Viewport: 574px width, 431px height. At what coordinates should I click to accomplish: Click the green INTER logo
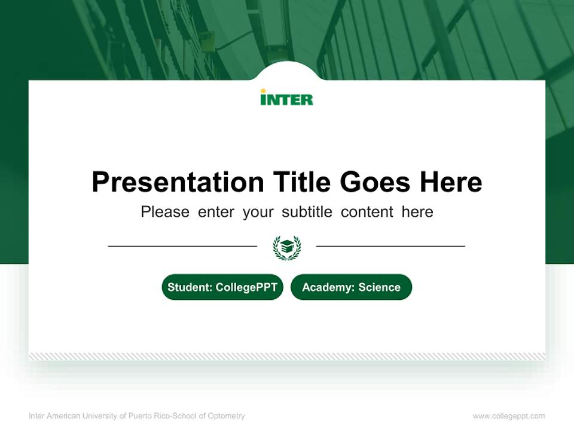286,99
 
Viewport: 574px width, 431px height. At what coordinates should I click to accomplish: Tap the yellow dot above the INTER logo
263,91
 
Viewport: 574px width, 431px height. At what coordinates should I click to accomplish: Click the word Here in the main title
450,182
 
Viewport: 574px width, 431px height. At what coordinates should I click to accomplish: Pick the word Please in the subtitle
165,212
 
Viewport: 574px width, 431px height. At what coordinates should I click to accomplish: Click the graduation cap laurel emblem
287,247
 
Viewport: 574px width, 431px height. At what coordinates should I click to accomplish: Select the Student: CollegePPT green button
222,287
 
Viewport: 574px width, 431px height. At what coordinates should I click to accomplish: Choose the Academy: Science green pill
351,287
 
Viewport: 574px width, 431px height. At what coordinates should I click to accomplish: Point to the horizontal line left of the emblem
182,245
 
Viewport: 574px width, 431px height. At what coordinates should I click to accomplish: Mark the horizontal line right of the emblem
390,245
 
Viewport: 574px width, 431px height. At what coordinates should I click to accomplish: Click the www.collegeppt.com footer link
509,416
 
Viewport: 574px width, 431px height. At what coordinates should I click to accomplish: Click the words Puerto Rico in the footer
145,416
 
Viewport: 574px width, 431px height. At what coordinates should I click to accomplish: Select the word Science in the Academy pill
379,287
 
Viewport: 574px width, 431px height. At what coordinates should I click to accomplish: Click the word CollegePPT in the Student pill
246,287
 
